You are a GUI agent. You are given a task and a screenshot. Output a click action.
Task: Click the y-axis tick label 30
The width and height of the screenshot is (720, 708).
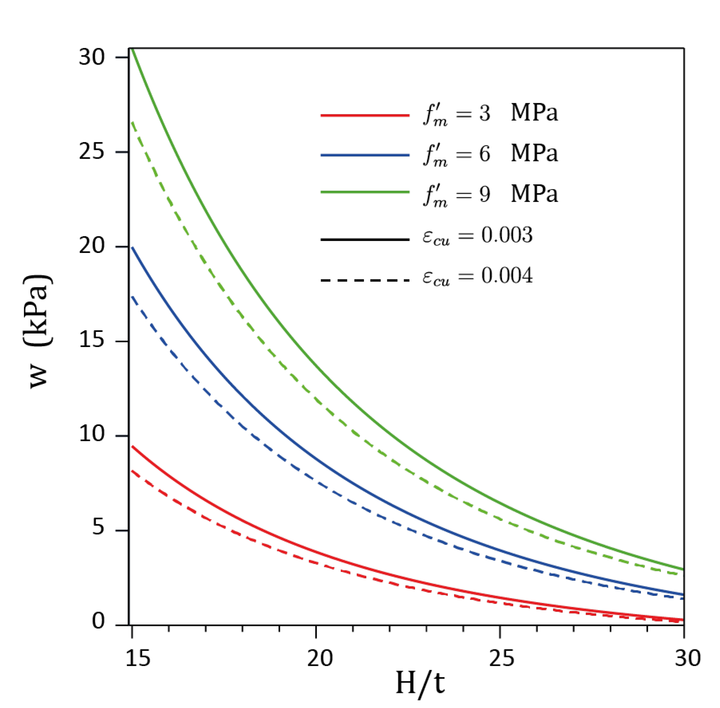92,58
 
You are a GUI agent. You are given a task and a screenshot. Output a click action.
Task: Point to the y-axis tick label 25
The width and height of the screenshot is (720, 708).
92,152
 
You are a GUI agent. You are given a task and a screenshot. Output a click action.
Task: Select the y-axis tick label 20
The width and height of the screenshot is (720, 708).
92,247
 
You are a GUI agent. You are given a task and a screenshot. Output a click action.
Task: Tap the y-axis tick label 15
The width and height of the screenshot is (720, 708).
92,341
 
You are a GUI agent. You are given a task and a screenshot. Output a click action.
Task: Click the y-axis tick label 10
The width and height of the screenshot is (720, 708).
92,436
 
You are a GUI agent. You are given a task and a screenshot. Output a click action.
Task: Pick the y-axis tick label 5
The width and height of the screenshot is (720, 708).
98,530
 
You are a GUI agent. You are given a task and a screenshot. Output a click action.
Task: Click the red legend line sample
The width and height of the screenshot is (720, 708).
365,115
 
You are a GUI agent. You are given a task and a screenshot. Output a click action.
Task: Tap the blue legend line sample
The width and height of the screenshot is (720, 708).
365,155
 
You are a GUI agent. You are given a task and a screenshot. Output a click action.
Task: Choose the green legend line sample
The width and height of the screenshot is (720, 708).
365,193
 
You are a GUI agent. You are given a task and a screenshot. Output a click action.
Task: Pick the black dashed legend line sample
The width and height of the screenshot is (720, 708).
365,280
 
